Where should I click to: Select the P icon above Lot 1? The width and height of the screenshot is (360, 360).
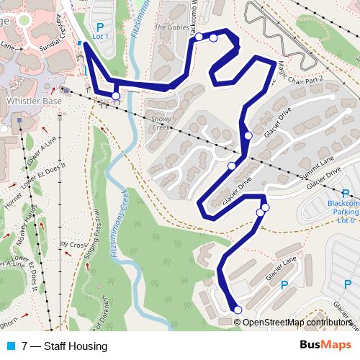(x=100, y=26)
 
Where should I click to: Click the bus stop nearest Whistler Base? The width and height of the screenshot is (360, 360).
(x=115, y=96)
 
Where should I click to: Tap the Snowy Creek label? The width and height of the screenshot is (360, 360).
(x=160, y=123)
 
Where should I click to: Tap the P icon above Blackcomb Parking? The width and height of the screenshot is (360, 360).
(x=345, y=193)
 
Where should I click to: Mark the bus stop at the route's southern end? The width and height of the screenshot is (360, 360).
(x=238, y=310)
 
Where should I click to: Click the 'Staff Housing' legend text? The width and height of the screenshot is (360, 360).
(x=75, y=346)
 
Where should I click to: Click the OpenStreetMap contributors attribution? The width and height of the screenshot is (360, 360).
(x=297, y=323)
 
